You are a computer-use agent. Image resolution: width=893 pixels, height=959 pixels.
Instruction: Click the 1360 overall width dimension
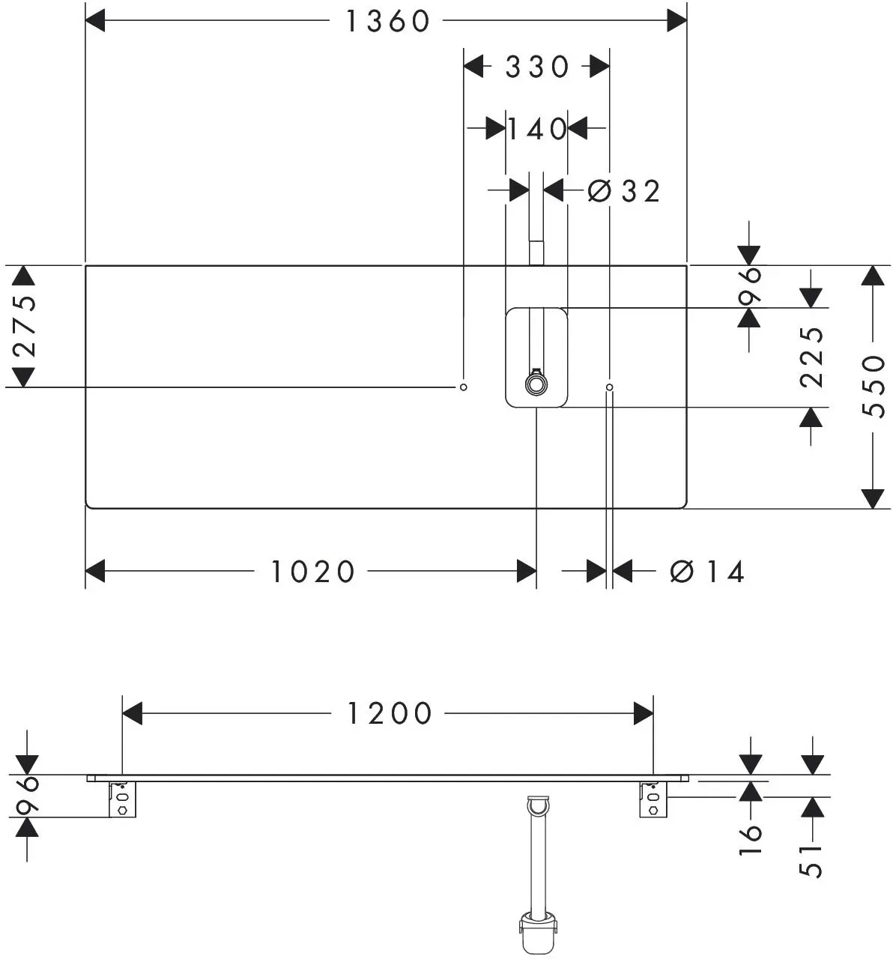tap(388, 22)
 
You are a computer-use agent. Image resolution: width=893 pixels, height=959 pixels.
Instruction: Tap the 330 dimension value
tap(537, 67)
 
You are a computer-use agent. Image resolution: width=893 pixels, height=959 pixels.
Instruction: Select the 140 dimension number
tap(537, 129)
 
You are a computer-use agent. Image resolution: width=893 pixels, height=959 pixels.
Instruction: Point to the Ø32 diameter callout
tap(623, 191)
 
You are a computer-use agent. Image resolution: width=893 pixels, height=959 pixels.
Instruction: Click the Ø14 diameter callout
tap(707, 572)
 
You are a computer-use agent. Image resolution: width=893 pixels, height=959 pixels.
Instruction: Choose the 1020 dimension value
tap(313, 572)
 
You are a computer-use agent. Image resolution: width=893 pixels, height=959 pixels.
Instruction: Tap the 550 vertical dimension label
tap(874, 387)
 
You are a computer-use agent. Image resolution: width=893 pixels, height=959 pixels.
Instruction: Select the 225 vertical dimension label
tap(811, 358)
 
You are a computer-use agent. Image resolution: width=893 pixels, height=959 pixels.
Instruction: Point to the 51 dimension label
tap(811, 862)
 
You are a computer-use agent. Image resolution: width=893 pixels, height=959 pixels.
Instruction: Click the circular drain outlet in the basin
tap(536, 385)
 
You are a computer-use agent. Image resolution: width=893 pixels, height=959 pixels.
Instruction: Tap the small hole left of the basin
tap(464, 387)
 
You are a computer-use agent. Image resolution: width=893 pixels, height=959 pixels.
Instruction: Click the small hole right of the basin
tap(610, 387)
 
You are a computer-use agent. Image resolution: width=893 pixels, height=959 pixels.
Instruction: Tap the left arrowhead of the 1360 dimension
tap(95, 21)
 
